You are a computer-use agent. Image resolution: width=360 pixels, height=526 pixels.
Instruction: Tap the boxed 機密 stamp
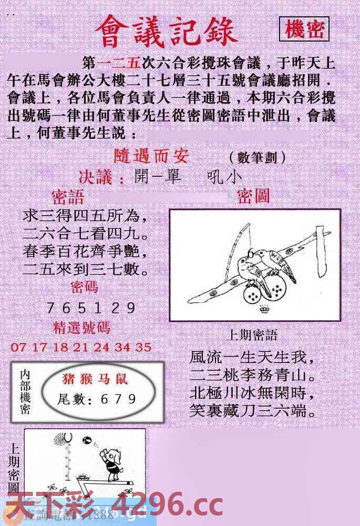[304, 30]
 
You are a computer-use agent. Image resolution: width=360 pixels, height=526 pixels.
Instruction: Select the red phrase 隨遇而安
[151, 156]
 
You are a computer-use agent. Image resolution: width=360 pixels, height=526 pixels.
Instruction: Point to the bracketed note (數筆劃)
[258, 157]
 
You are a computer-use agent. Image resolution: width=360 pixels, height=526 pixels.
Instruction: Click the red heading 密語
[68, 198]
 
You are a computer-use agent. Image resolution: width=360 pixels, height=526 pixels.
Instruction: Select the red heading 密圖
[253, 196]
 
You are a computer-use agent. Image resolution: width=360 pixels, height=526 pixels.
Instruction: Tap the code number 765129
[91, 308]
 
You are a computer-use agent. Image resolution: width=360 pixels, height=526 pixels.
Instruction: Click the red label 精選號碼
[82, 328]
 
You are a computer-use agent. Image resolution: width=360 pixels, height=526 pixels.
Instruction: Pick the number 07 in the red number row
[17, 347]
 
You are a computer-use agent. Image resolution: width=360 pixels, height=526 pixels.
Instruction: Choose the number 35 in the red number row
[143, 347]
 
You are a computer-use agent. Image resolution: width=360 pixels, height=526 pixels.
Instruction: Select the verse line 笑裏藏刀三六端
[253, 410]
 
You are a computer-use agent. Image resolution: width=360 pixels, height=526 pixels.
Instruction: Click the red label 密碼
[84, 287]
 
